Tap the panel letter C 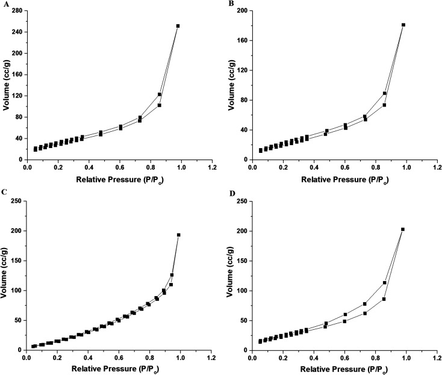click(x=5, y=192)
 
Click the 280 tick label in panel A click(x=16, y=11)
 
